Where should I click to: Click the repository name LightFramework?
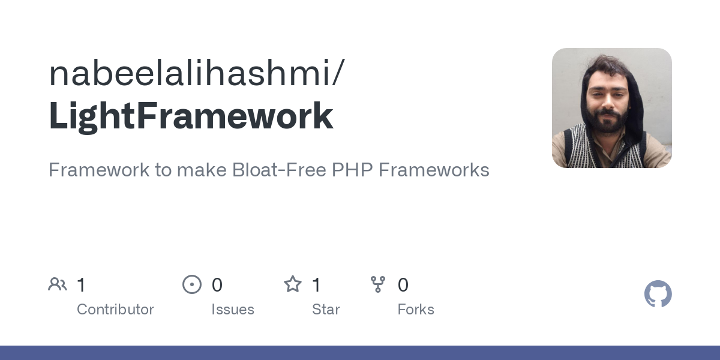pos(191,116)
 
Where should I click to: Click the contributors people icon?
pos(58,284)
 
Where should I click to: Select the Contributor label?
pos(115,310)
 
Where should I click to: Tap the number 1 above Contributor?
pos(81,285)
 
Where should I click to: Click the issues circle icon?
pos(192,284)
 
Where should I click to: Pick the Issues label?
pos(233,310)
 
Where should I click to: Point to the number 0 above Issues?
pos(217,285)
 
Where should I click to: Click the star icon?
pos(293,284)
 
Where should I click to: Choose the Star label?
pos(326,310)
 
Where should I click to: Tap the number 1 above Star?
pos(316,285)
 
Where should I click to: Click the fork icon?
pos(378,284)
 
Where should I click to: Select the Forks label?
pos(416,310)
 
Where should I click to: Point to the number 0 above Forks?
pos(403,285)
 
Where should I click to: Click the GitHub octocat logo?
pos(658,294)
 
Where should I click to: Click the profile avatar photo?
pos(611,108)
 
